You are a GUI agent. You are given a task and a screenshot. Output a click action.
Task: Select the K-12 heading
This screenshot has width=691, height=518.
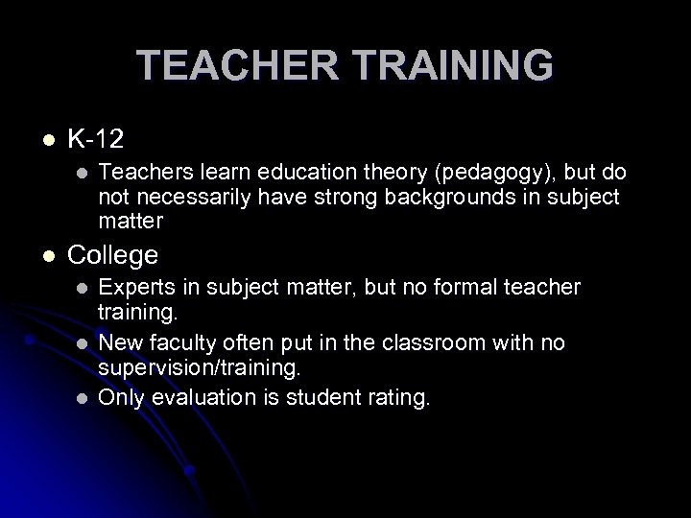tap(94, 140)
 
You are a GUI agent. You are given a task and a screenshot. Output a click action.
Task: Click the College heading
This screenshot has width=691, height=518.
tap(112, 256)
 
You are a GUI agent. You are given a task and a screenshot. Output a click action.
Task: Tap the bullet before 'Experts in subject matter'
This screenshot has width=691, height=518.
tap(81, 288)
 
